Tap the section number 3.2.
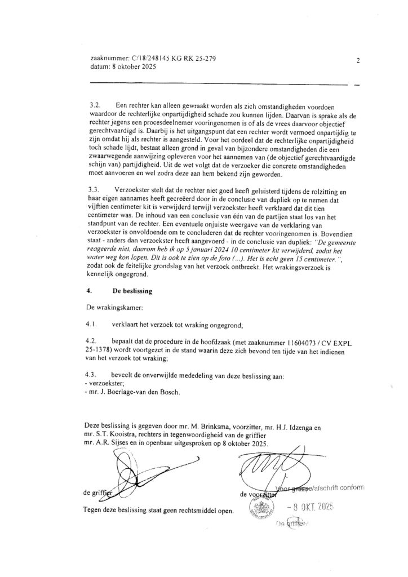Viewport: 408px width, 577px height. pyautogui.click(x=96, y=106)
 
